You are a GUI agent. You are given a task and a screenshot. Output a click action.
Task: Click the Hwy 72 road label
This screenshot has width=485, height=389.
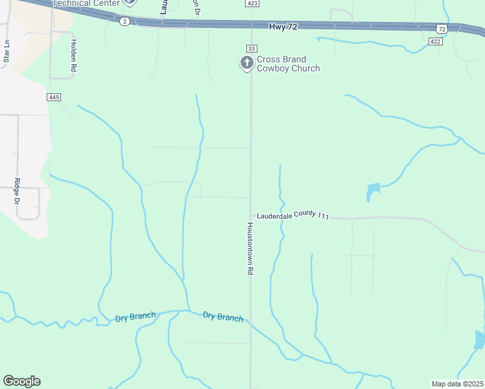click(x=283, y=26)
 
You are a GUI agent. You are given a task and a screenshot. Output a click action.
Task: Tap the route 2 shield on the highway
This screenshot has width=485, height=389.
click(x=124, y=21)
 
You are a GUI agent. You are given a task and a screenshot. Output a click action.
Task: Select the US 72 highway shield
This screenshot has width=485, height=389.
click(x=442, y=29)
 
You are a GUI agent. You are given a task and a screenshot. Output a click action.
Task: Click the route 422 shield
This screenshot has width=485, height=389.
click(x=435, y=41)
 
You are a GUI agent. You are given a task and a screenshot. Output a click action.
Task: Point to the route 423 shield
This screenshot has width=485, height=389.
click(x=252, y=3)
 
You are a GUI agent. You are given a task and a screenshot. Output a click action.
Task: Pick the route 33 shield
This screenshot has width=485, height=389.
click(x=252, y=49)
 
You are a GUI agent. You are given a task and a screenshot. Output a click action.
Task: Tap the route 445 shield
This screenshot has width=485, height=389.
click(x=54, y=97)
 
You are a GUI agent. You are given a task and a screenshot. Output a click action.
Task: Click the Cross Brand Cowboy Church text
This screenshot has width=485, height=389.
click(x=288, y=64)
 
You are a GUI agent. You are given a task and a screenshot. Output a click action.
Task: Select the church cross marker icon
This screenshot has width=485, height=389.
click(x=246, y=63)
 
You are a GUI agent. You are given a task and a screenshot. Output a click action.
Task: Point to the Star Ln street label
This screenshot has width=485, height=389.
click(x=6, y=52)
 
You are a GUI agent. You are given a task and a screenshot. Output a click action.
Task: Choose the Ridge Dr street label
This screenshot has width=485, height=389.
click(x=17, y=191)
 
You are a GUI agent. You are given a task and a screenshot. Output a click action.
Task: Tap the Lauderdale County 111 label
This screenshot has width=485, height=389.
click(x=293, y=216)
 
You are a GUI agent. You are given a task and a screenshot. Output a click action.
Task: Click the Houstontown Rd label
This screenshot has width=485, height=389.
click(x=249, y=250)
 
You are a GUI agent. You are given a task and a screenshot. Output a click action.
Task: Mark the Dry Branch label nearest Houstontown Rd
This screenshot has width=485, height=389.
click(x=222, y=316)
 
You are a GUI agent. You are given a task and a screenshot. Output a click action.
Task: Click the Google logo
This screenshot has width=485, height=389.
click(x=21, y=381)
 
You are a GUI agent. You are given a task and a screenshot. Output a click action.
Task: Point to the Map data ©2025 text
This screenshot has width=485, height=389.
click(x=457, y=384)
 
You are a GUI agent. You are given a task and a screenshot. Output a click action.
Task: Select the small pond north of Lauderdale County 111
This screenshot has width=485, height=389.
click(x=373, y=191)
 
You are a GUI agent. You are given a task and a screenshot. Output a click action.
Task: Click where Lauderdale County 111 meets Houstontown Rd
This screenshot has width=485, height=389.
click(x=251, y=216)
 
